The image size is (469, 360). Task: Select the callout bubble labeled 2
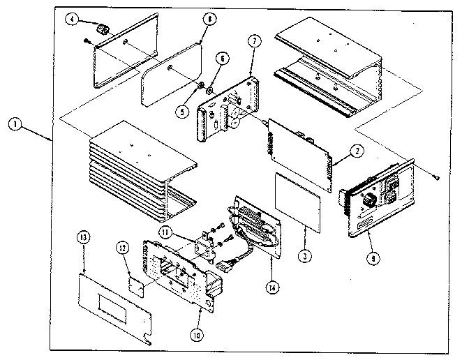coord(356,151)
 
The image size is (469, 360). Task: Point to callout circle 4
coord(73,20)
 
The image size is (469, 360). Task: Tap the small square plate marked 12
coord(136,285)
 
